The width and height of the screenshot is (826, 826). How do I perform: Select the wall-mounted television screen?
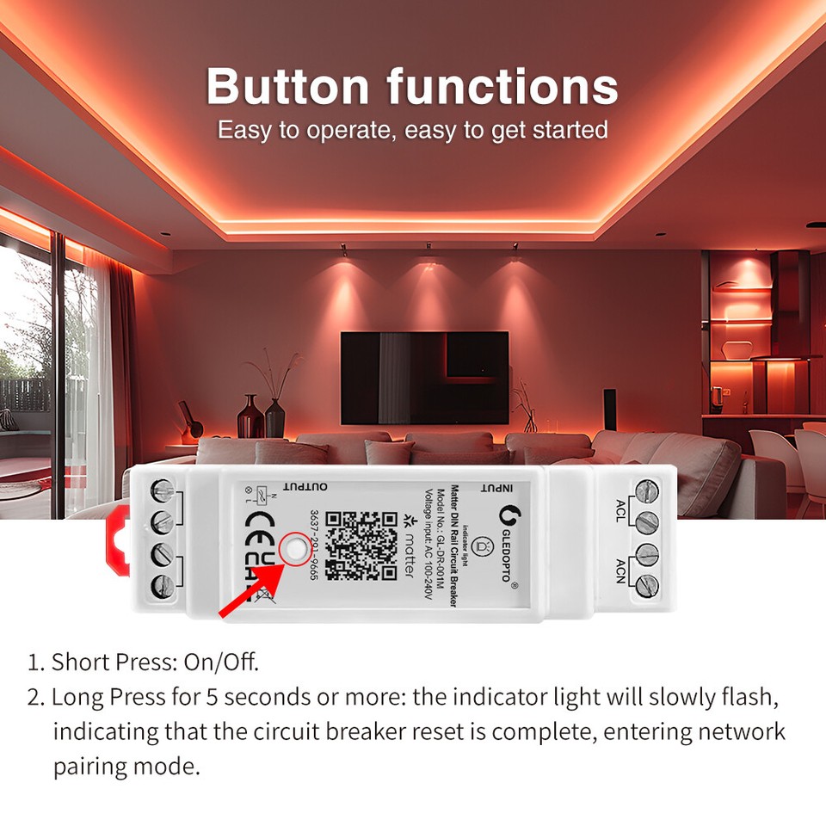(424, 378)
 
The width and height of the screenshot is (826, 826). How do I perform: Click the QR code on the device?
(361, 546)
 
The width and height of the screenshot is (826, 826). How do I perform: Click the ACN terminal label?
(620, 569)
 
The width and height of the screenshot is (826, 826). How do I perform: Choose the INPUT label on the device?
(496, 488)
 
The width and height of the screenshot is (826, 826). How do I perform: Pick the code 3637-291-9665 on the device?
(314, 546)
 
